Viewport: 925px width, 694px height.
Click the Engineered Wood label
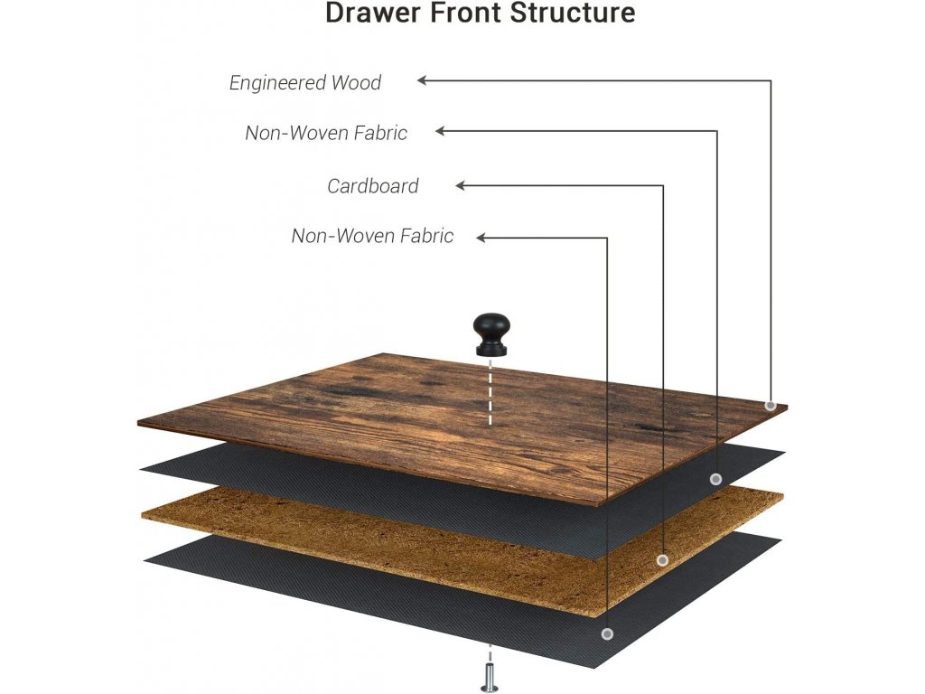pos(305,83)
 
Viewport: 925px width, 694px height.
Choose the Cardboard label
pos(373,186)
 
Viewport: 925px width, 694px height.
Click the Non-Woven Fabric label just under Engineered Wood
pos(326,134)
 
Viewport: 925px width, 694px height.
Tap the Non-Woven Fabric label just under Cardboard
pos(372,237)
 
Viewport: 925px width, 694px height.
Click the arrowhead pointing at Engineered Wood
pos(423,80)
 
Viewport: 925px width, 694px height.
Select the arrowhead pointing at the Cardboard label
pos(461,186)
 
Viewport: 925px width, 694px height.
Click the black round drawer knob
pos(491,335)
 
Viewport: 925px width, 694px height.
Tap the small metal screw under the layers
pos(490,676)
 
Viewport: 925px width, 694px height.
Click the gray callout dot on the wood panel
pos(771,406)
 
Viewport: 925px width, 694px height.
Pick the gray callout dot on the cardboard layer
pos(662,560)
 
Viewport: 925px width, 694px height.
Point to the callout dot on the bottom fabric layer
pos(607,634)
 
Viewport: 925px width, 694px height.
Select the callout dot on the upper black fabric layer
pos(715,479)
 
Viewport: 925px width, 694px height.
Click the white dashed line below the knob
pos(491,393)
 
